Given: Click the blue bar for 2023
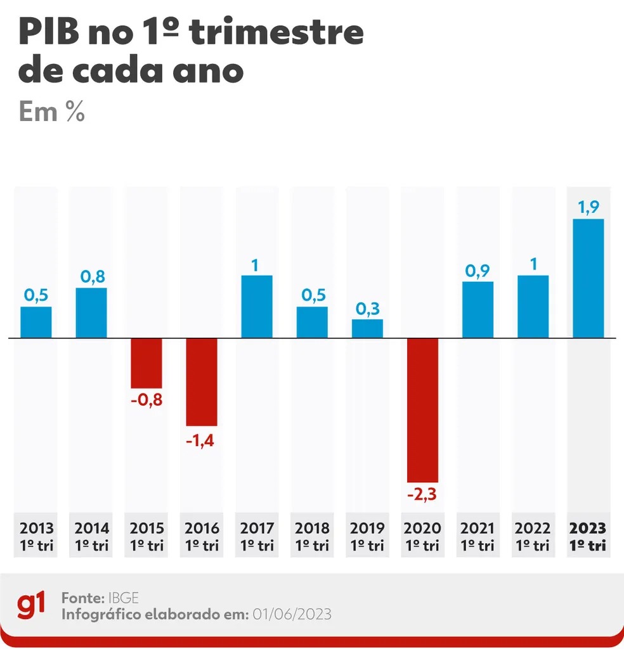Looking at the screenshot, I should coord(588,278).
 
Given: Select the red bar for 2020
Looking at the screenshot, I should coord(422,410).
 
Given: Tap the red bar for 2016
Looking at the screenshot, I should coord(202,381).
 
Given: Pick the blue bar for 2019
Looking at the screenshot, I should coord(368,328).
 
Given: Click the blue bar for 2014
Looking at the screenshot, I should coord(91,312).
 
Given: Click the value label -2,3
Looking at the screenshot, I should coord(422,494).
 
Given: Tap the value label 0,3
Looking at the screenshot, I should coord(368,308).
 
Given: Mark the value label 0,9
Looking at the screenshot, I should coord(478,270).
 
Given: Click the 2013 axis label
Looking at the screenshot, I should coord(37,535).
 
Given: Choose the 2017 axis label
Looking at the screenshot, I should coord(257,535).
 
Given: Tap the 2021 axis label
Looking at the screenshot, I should coord(478,535).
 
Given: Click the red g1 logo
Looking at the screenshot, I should coord(31,606).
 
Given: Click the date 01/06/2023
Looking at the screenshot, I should coord(292,615).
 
